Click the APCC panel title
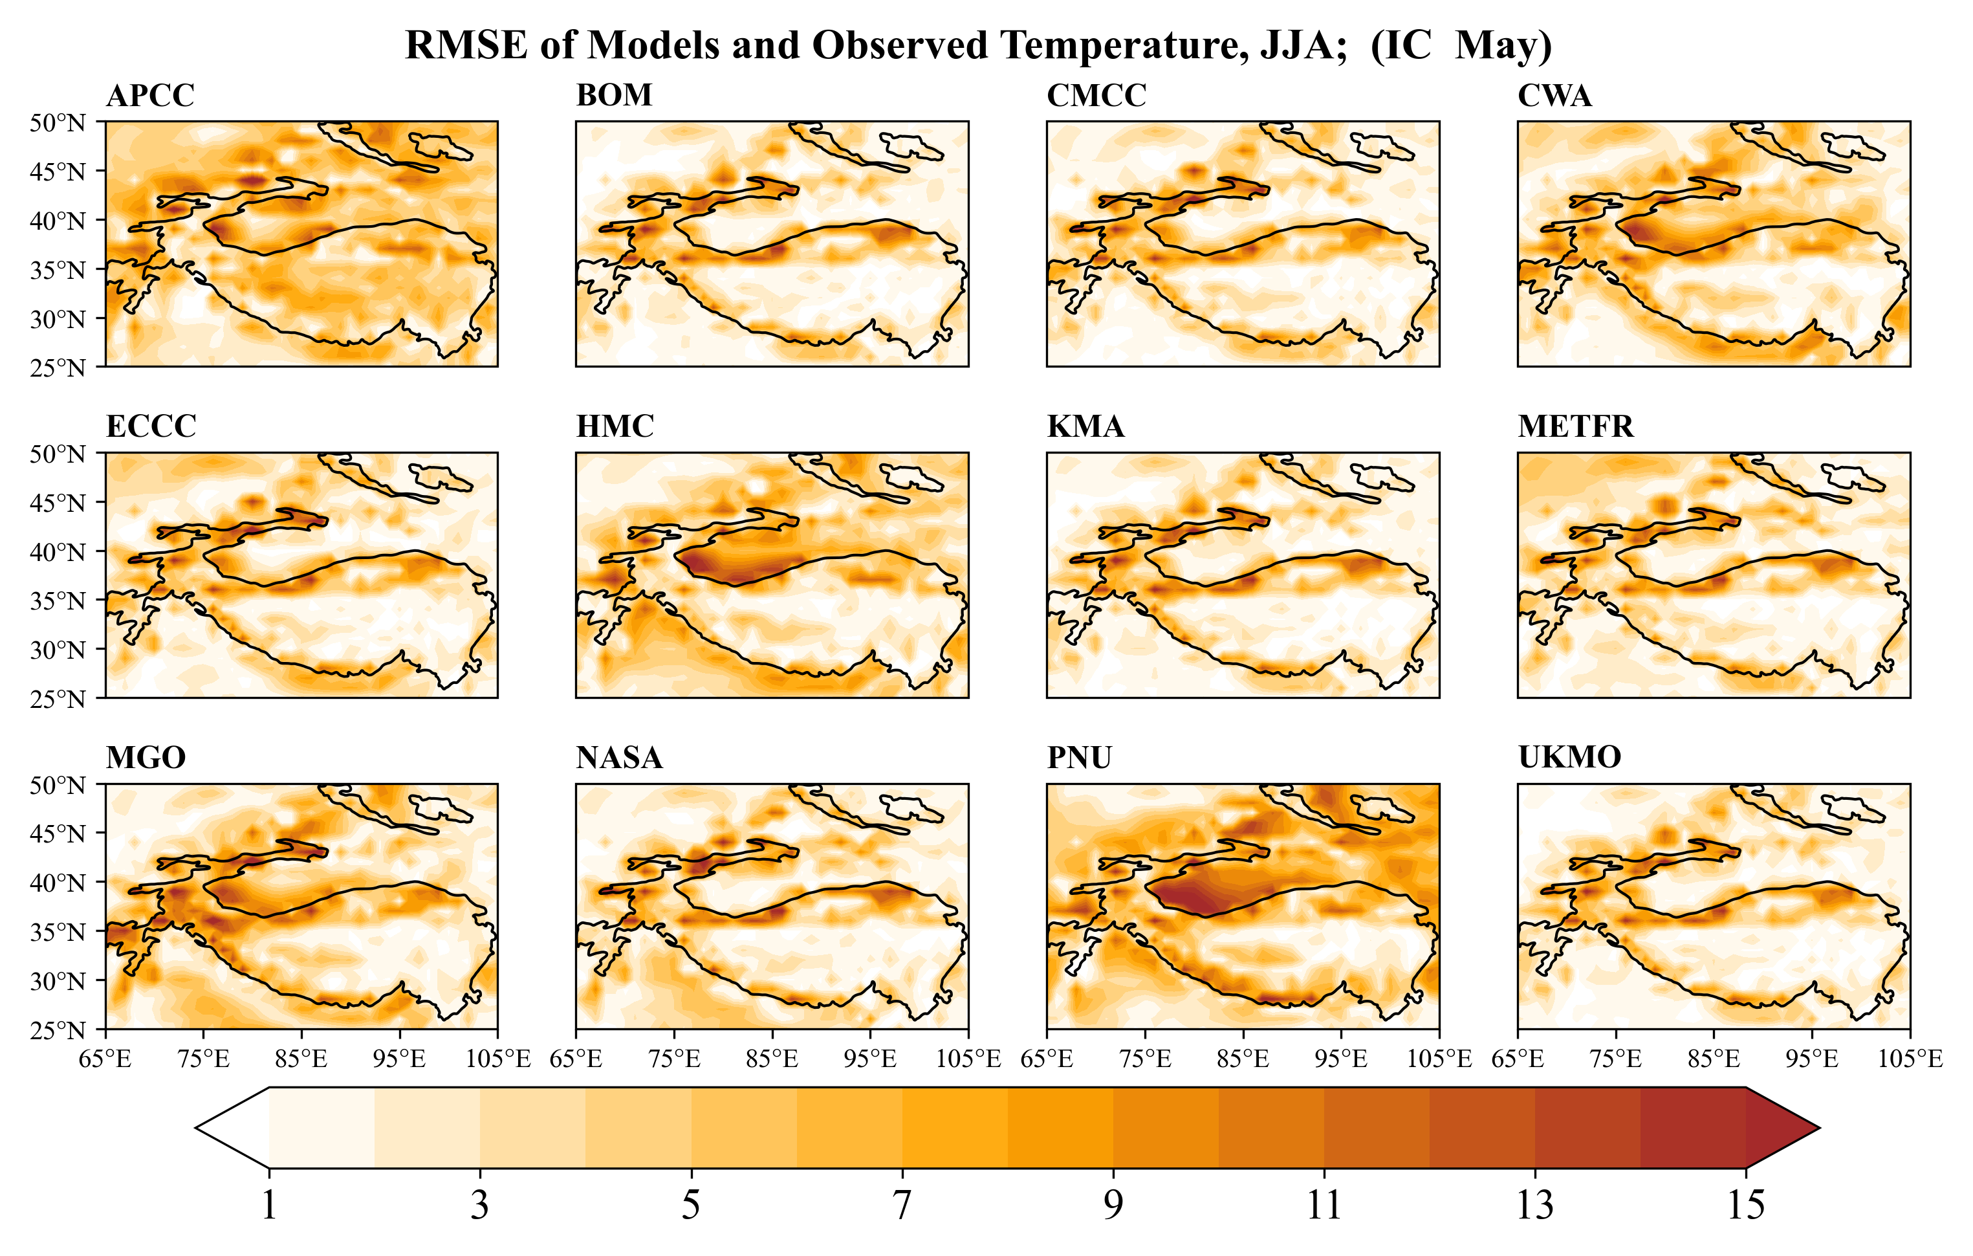(x=150, y=96)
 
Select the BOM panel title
(x=614, y=96)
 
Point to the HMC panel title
(x=615, y=427)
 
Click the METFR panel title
(x=1575, y=427)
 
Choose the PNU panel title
(x=1078, y=758)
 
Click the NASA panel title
(x=618, y=758)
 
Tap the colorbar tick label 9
(x=1112, y=1205)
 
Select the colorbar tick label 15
(x=1745, y=1205)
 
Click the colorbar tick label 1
(x=268, y=1205)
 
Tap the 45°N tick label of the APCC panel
(x=58, y=172)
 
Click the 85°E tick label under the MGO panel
(x=301, y=1059)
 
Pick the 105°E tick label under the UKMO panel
(x=1909, y=1059)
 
